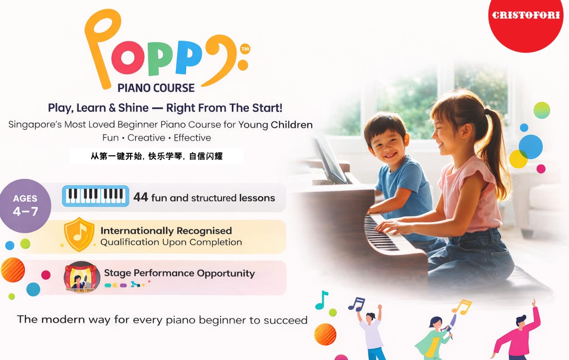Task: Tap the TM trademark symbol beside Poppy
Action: pos(245,49)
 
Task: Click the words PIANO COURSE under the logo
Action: pos(156,88)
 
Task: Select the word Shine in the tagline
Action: pos(133,108)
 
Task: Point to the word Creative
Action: pos(146,138)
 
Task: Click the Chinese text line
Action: pos(156,156)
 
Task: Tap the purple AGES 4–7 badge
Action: pos(25,206)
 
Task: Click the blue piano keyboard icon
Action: pos(96,196)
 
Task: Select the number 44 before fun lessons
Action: pos(140,197)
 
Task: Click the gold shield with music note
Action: pos(79,234)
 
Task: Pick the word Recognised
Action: pos(204,231)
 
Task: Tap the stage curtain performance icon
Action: pos(81,277)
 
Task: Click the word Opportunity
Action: pos(226,273)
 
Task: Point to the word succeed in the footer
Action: pos(286,320)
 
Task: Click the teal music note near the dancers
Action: pos(321,300)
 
